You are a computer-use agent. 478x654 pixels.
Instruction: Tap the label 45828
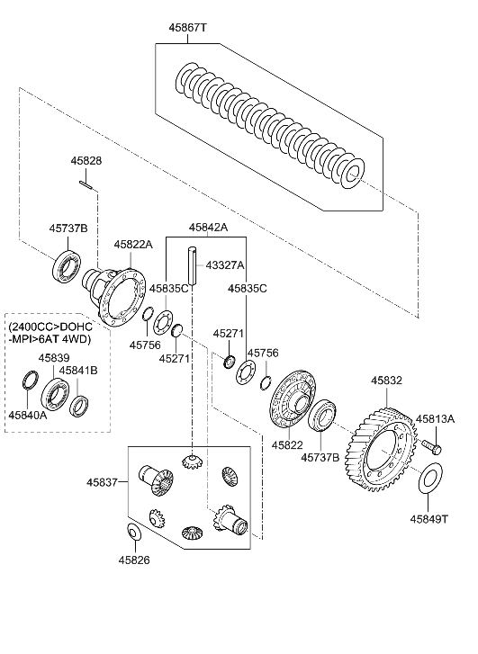(x=86, y=160)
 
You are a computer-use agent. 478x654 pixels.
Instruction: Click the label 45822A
(x=133, y=244)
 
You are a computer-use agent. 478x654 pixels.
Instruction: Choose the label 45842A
(x=208, y=228)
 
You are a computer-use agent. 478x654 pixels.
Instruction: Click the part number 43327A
(x=224, y=265)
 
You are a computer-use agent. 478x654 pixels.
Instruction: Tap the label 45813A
(x=435, y=418)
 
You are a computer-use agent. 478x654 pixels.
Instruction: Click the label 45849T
(x=430, y=519)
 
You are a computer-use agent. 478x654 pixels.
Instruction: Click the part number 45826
(x=132, y=560)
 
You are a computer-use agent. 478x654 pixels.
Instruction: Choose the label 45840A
(x=28, y=415)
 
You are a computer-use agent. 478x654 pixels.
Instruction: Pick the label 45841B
(x=79, y=370)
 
